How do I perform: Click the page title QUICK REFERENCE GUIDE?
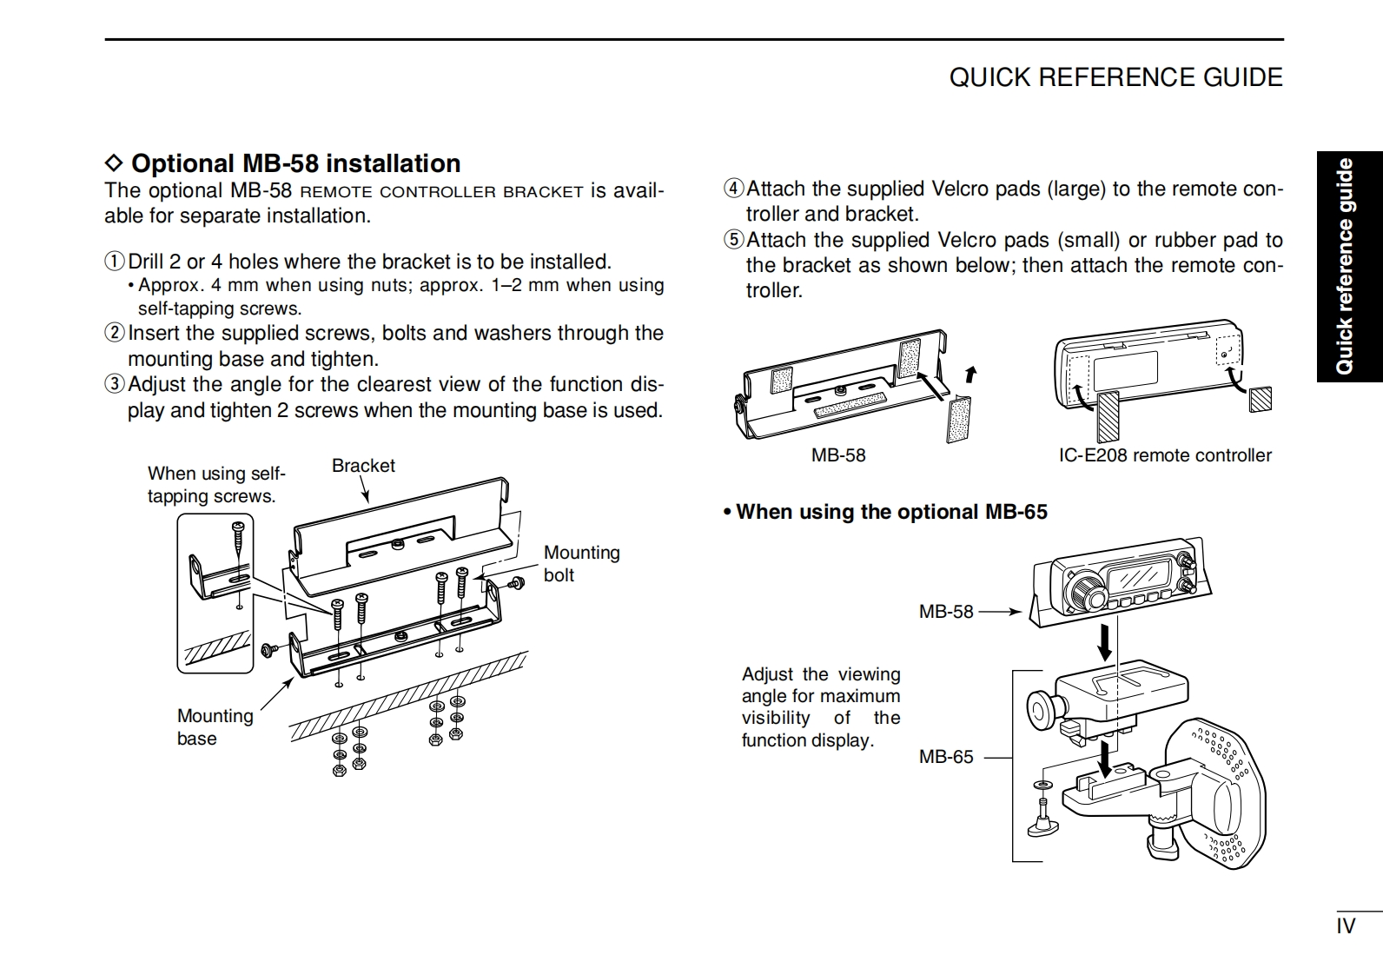1115,77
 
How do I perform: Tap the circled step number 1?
115,262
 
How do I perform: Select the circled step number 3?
115,384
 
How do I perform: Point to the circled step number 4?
734,189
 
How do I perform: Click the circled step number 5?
734,240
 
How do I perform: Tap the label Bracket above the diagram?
363,466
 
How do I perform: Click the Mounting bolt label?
581,563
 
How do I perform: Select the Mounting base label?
215,726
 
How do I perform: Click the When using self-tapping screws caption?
215,484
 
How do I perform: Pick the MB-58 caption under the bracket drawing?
838,455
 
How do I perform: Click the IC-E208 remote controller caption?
1164,455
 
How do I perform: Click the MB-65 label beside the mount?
946,757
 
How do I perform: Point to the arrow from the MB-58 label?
1000,612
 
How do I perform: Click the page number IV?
1346,926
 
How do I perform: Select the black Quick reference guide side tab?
1348,267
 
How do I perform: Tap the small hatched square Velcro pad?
1261,399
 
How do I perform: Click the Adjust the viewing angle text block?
820,706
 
